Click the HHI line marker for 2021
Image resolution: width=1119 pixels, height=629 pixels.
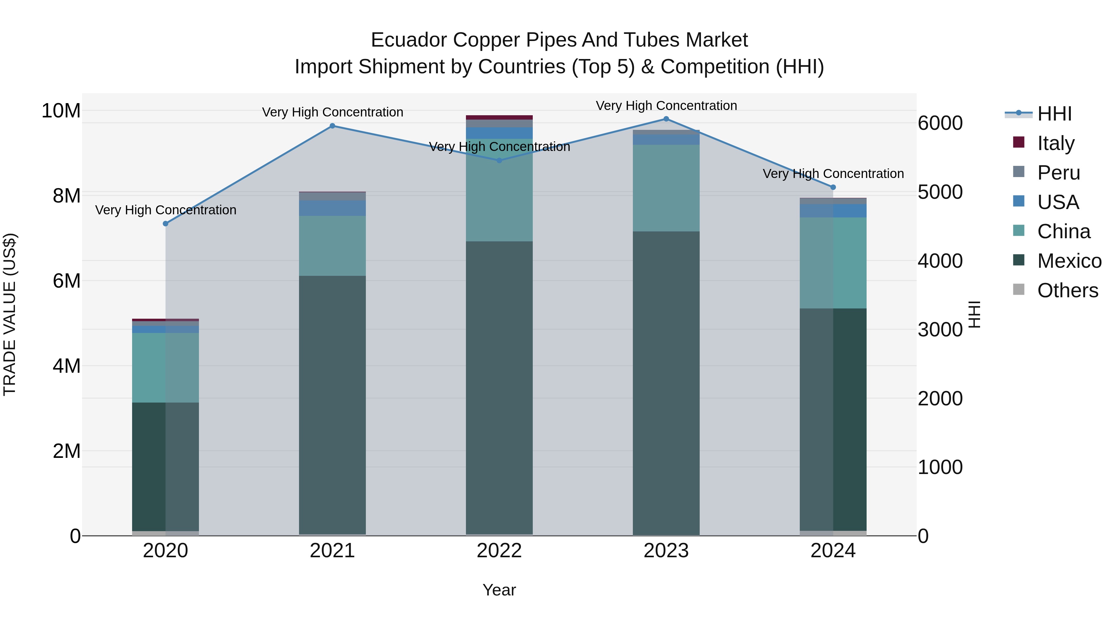click(332, 126)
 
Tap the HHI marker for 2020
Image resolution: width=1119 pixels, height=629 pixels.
click(165, 224)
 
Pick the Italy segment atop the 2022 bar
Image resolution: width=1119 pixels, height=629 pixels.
click(499, 117)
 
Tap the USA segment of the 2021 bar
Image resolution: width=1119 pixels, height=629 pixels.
click(332, 208)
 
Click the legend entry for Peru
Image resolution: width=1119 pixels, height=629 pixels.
click(1058, 173)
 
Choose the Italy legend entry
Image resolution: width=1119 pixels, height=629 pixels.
click(1056, 143)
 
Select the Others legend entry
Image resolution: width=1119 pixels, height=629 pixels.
click(1067, 290)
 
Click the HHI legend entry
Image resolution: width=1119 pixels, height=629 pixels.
click(1054, 114)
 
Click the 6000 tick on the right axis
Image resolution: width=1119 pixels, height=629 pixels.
click(940, 123)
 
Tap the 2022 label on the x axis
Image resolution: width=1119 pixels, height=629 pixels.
click(499, 551)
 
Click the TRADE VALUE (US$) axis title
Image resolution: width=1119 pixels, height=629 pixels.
click(10, 314)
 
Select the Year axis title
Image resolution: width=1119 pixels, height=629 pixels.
click(499, 590)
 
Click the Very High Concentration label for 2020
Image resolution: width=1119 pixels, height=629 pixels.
click(165, 210)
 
